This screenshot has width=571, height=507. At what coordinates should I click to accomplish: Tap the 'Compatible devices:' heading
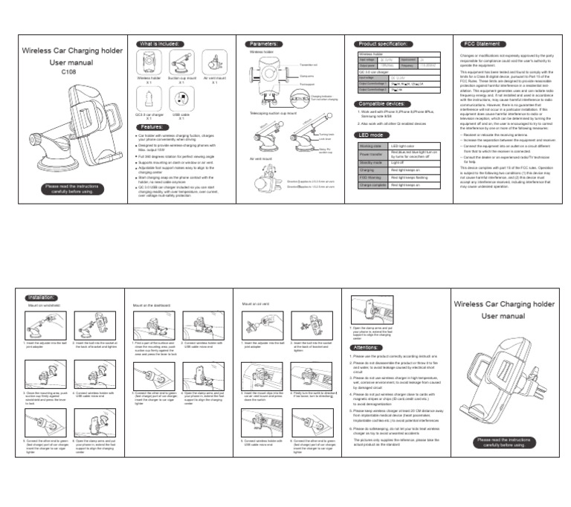point(381,103)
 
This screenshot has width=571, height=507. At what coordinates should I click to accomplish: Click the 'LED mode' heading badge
point(372,135)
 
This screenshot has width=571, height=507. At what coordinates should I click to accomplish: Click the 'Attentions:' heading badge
point(367,347)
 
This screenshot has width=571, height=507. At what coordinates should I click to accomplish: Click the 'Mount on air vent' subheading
point(257,304)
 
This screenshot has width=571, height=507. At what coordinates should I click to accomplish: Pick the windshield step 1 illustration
point(39,324)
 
